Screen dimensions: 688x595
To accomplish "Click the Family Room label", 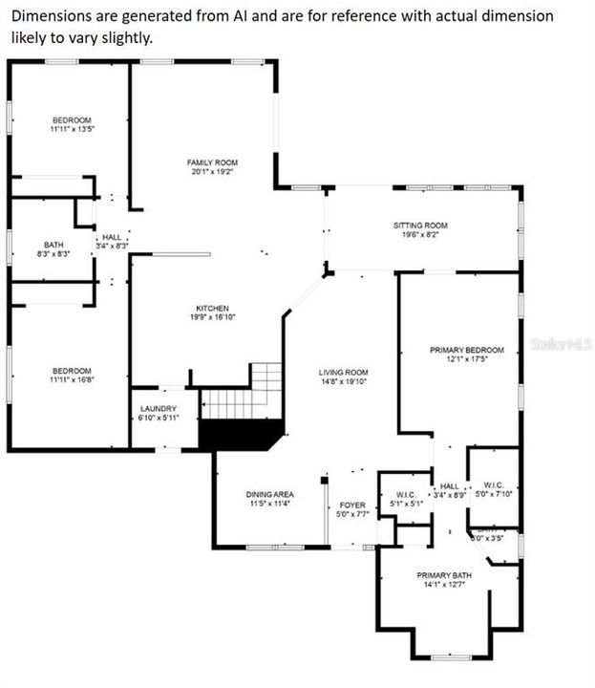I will pos(212,162).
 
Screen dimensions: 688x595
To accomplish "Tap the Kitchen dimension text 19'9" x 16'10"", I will pos(212,317).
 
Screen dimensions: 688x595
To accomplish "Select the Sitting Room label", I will pos(420,226).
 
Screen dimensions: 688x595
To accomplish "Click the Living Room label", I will pos(344,372).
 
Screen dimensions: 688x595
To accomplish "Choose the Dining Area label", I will pos(269,493).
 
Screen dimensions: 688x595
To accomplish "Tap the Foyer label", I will pos(352,505).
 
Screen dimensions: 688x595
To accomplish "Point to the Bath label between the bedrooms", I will pos(53,245).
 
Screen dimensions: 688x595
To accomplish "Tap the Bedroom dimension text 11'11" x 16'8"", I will pos(72,380).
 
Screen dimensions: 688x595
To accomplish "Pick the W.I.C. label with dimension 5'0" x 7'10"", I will pos(493,484).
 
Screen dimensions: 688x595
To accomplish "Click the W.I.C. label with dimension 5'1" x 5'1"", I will pos(406,494).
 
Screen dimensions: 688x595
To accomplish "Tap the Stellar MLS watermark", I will pos(562,341).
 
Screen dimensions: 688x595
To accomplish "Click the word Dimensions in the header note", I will pos(46,16).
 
